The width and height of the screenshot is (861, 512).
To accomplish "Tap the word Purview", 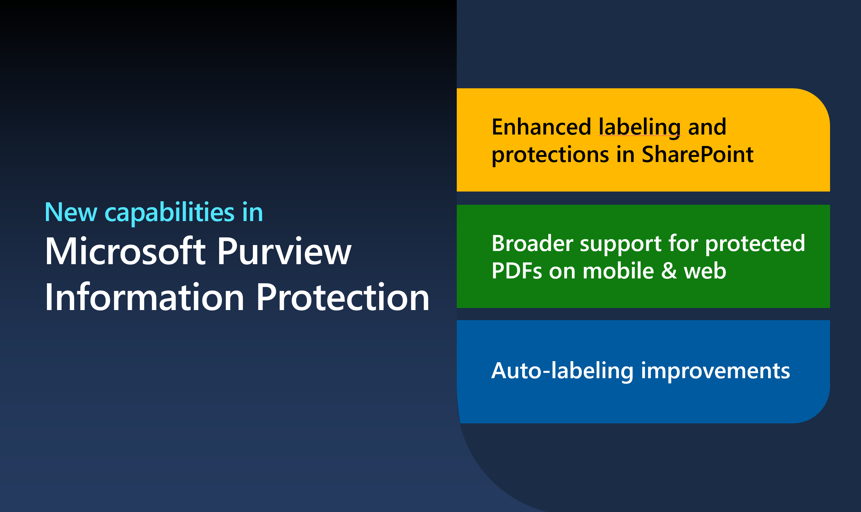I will (x=284, y=251).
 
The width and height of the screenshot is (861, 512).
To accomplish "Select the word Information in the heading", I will (x=145, y=297).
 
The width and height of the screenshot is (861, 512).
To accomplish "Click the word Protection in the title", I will (x=343, y=297).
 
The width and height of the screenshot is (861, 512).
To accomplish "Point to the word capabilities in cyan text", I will (x=169, y=212).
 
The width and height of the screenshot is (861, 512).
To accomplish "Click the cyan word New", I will (x=71, y=212).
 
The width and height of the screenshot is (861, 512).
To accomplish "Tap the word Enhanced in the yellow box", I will (x=541, y=127).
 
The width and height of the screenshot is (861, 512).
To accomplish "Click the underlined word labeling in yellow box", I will (x=639, y=127).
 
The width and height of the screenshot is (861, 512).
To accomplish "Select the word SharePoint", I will (x=697, y=154).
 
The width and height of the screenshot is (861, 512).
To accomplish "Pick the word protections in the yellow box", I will (x=550, y=155).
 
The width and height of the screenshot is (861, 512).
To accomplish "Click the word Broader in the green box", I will (x=532, y=243).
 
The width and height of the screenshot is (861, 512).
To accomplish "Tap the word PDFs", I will (x=517, y=271).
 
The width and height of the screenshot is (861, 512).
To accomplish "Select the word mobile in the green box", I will (x=618, y=271).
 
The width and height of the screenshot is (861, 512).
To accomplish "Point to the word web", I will (x=705, y=271).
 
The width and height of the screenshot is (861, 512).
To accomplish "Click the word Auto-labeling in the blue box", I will (x=562, y=371).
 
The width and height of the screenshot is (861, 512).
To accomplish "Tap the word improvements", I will (x=715, y=371).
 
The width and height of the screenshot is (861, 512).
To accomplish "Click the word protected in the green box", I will (x=755, y=244).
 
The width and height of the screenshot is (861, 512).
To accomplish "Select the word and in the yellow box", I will (x=707, y=127).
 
